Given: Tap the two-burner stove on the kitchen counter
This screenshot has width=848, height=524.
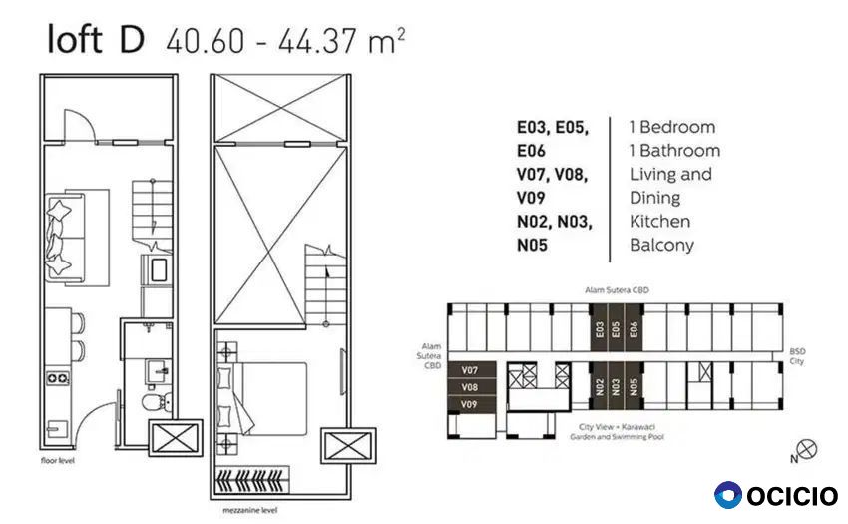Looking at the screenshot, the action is pyautogui.click(x=57, y=378).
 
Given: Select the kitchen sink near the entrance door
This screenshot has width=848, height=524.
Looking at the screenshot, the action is pyautogui.click(x=56, y=429).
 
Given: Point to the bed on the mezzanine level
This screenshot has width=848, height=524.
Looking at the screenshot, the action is pyautogui.click(x=262, y=399).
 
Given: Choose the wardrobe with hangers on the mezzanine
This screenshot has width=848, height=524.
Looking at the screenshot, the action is pyautogui.click(x=252, y=480).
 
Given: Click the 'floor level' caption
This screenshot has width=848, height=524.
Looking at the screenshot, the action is pyautogui.click(x=57, y=461).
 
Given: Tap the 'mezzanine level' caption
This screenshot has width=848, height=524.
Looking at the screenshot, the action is pyautogui.click(x=249, y=510).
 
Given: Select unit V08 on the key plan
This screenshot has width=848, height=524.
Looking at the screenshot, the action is pyautogui.click(x=470, y=387).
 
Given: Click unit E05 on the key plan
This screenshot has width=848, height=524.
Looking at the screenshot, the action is pyautogui.click(x=615, y=328).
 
